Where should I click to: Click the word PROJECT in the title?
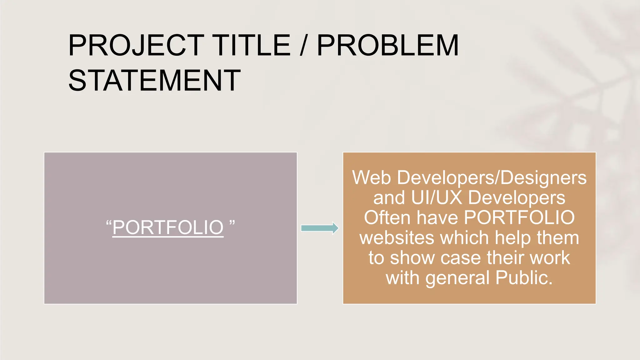137,46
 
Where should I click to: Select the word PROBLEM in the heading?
388,46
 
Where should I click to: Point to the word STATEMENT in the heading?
154,81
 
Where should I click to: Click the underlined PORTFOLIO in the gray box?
168,227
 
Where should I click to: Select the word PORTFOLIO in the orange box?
519,217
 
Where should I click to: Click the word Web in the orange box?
371,177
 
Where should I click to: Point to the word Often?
387,217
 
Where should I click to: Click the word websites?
397,238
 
